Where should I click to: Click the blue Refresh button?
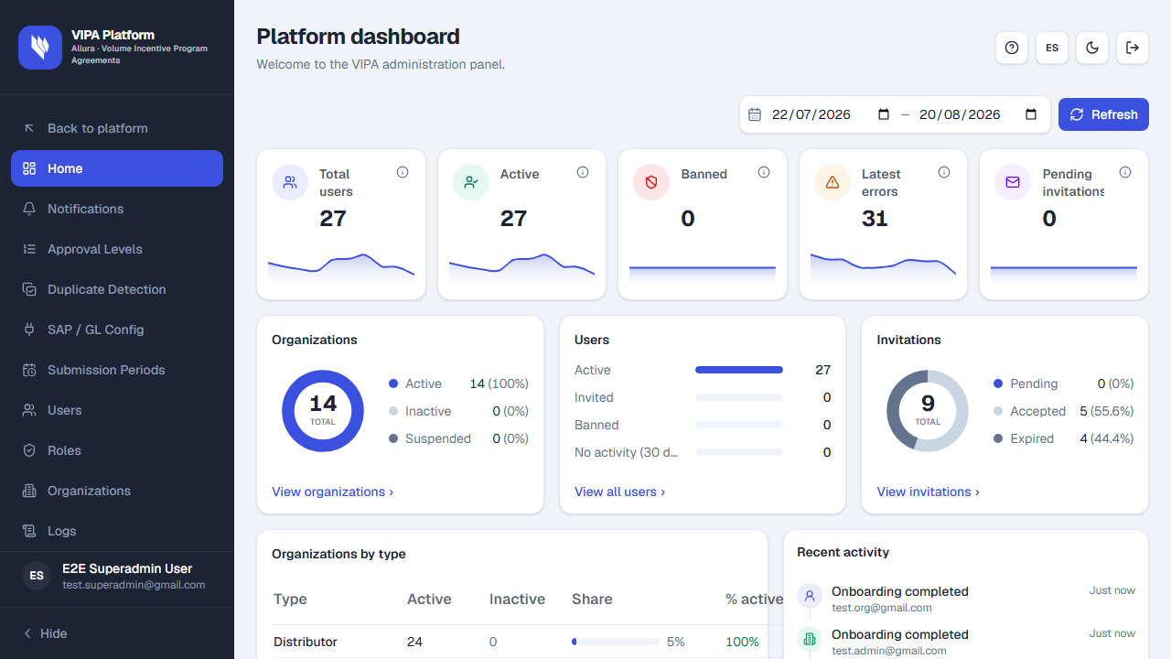point(1103,114)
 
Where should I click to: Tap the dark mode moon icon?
point(1092,48)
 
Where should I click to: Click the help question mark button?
point(1012,48)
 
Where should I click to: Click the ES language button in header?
point(1052,48)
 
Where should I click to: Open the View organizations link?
point(332,492)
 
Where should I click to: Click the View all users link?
point(619,492)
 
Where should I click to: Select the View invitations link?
point(928,492)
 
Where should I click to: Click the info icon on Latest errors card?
point(943,172)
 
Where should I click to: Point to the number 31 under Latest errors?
point(875,218)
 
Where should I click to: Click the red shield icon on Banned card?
point(651,182)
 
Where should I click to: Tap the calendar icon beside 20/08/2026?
point(1031,114)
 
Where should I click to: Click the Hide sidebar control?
point(46,633)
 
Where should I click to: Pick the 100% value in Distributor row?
point(742,642)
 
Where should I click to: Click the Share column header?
point(592,599)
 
